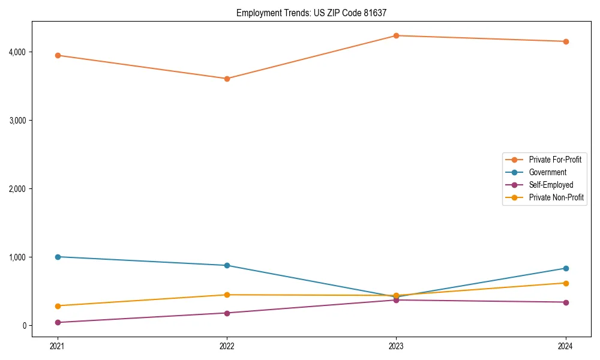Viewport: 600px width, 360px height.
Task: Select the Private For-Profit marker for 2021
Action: click(x=58, y=55)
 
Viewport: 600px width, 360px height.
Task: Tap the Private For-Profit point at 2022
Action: click(x=227, y=79)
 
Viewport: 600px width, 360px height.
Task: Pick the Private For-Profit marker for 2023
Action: click(x=396, y=35)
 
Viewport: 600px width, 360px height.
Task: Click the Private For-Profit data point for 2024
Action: click(x=565, y=41)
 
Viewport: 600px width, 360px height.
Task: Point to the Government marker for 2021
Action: click(x=58, y=257)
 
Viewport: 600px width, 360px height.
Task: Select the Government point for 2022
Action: click(x=227, y=265)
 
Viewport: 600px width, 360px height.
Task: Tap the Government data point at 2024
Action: click(x=565, y=268)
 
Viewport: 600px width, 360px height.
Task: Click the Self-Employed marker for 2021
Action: click(x=58, y=322)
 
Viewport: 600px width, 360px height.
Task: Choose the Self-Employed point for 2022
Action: click(x=227, y=313)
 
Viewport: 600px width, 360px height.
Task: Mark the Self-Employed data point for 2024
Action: click(x=565, y=302)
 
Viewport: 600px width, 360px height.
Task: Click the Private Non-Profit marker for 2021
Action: click(x=58, y=306)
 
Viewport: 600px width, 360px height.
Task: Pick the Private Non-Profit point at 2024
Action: click(x=565, y=283)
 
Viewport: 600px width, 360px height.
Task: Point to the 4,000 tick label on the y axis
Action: click(x=17, y=52)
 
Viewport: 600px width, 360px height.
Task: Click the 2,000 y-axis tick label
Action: click(x=17, y=189)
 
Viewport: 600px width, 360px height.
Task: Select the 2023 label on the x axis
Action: click(x=396, y=346)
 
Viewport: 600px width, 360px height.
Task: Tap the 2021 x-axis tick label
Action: click(x=58, y=346)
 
